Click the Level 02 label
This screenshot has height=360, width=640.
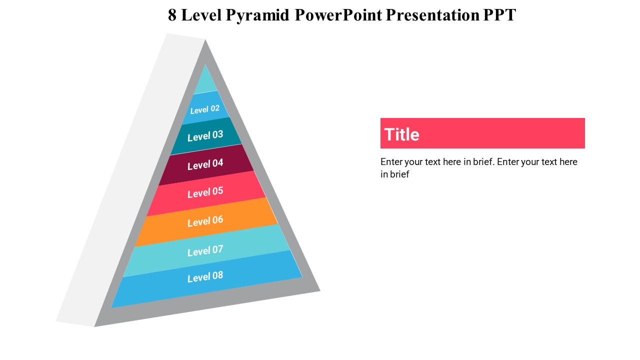(205, 109)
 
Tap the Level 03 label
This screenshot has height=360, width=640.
(205, 135)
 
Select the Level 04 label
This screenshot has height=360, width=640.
(205, 164)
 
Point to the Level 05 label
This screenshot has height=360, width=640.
(205, 192)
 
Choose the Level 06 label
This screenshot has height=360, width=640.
(205, 221)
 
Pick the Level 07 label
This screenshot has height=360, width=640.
(205, 250)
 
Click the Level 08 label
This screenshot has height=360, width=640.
(205, 276)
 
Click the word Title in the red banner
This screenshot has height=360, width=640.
(401, 134)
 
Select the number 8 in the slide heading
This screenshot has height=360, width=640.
(172, 15)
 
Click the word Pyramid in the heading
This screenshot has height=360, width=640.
(257, 15)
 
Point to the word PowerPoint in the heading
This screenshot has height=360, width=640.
(338, 15)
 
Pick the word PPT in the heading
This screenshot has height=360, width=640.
(499, 15)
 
